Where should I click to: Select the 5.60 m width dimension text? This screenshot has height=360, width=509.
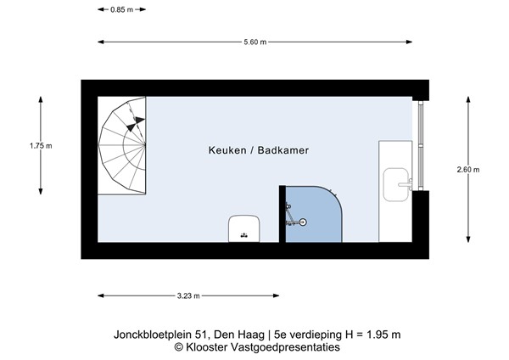pyautogui.click(x=255, y=41)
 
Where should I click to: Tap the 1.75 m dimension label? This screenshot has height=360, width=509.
pyautogui.click(x=41, y=145)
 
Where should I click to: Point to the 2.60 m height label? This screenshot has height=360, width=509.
pyautogui.click(x=467, y=169)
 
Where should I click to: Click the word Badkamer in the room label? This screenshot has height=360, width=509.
pyautogui.click(x=284, y=150)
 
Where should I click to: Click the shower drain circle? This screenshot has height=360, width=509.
pyautogui.click(x=303, y=222)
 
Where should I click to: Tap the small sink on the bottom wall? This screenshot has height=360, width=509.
pyautogui.click(x=243, y=230)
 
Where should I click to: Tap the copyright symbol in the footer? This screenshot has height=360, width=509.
pyautogui.click(x=179, y=346)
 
